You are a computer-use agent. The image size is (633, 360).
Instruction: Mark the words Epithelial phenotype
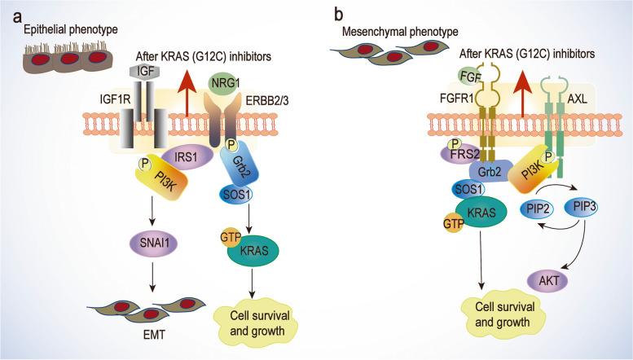click(59, 30)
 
